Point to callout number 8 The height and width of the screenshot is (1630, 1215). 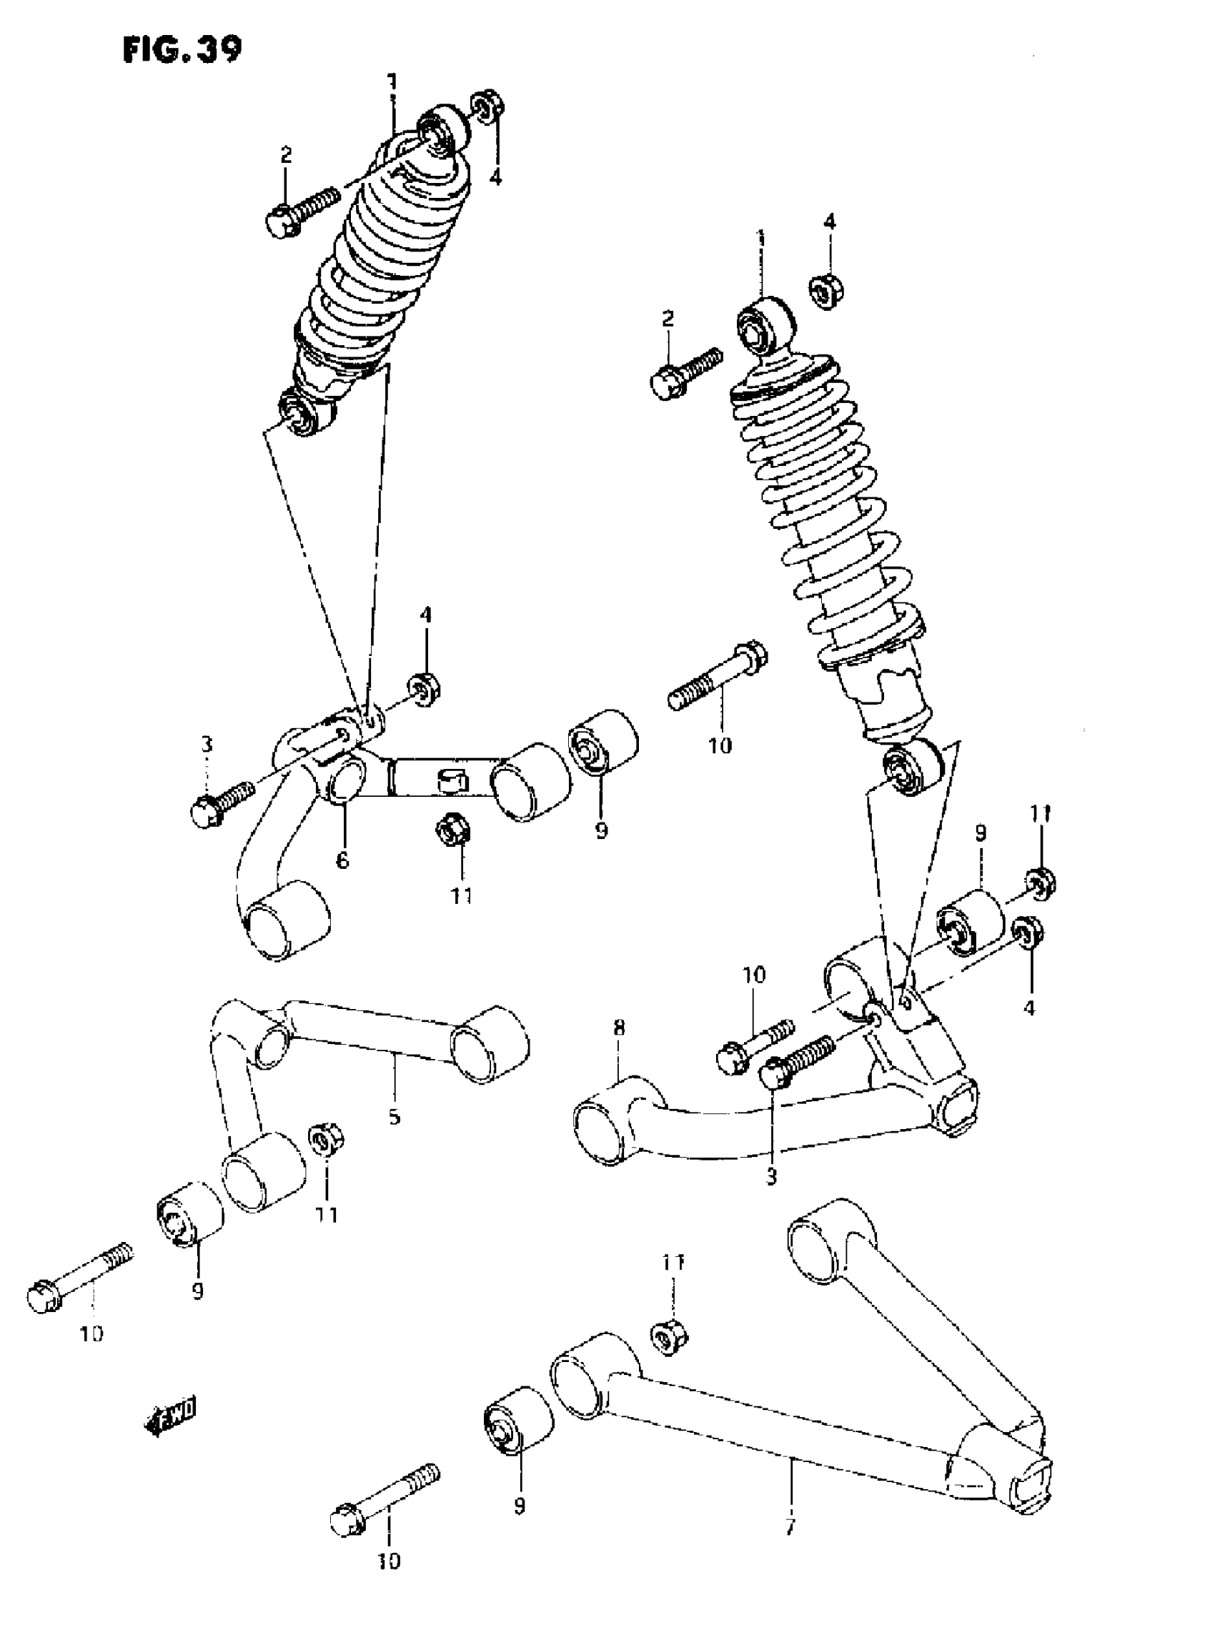618,1027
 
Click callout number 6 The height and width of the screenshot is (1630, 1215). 343,860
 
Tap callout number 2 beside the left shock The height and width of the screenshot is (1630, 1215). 285,154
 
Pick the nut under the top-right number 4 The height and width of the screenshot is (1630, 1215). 828,290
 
